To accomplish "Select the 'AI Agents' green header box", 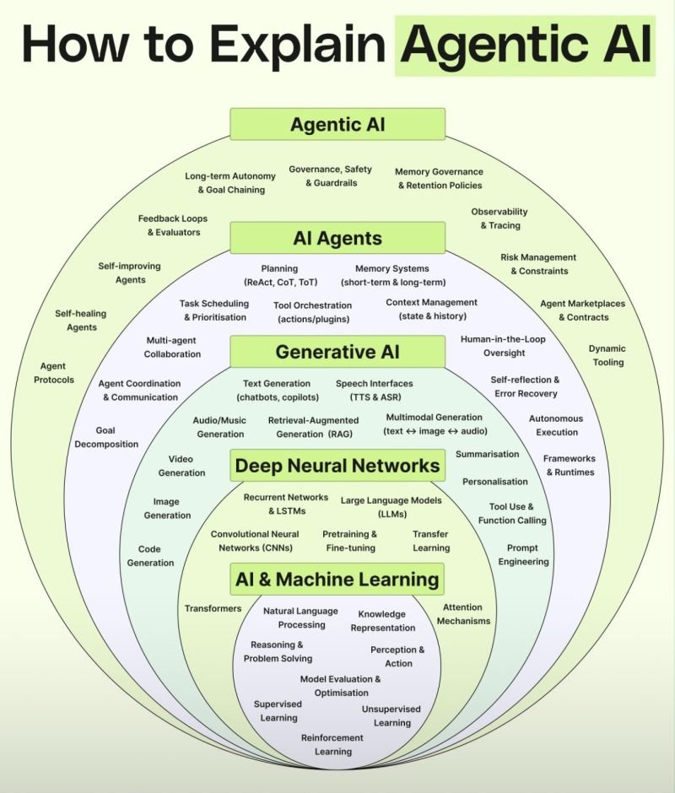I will (x=337, y=238).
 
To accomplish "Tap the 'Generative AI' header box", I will (x=337, y=351).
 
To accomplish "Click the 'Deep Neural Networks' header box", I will (x=337, y=466).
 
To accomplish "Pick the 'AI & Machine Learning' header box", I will (x=337, y=580).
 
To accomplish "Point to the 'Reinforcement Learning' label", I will (x=332, y=744).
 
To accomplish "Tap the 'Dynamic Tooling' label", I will (x=607, y=355).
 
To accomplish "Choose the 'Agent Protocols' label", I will (x=54, y=373).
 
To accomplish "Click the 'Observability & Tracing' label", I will (x=499, y=218).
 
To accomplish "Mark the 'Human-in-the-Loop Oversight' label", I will (x=504, y=346).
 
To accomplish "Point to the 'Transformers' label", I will (x=213, y=608).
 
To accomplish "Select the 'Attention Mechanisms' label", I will (x=463, y=614).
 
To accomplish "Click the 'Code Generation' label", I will (x=150, y=556).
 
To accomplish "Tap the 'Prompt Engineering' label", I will (x=523, y=554).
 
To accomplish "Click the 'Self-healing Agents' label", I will (x=81, y=321).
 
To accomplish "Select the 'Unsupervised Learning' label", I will (x=391, y=715).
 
